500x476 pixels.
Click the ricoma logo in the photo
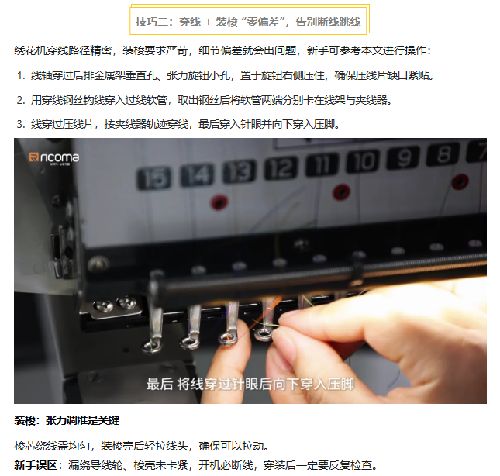pos(54,157)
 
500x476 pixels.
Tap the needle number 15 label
pos(154,178)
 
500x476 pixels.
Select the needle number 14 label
pos(197,174)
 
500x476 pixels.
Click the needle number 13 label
pos(240,171)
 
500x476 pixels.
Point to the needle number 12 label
pos(281,167)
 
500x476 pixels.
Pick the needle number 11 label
pos(322,164)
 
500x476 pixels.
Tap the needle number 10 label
pos(363,161)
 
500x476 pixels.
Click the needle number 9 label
pos(403,157)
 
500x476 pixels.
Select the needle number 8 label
pos(443,154)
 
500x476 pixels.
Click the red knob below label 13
pos(219,202)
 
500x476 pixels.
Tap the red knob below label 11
pos(342,192)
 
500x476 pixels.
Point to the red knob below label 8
pos(460,182)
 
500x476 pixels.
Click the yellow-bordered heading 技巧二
pos(248,22)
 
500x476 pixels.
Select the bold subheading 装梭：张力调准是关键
pos(67,420)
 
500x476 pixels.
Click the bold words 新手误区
pos(35,465)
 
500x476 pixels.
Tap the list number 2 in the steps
pos(21,100)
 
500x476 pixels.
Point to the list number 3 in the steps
pos(21,124)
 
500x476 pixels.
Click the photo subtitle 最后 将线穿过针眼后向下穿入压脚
pos(250,385)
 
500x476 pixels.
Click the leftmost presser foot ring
pos(151,346)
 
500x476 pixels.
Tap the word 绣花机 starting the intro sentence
pos(30,50)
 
